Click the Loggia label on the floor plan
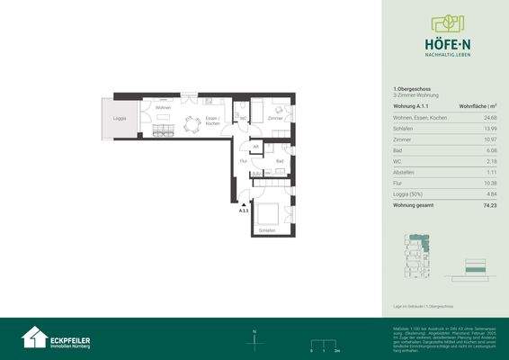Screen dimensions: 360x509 119,118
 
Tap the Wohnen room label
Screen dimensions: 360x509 163,108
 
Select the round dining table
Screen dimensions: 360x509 191,125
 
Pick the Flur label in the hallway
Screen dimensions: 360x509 243,161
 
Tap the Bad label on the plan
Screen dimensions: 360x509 280,161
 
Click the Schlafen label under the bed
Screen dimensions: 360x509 266,231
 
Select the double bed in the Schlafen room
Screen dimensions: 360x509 267,214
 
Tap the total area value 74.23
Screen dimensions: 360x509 489,204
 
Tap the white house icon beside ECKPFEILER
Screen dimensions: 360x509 35,337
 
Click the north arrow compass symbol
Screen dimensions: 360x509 255,337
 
